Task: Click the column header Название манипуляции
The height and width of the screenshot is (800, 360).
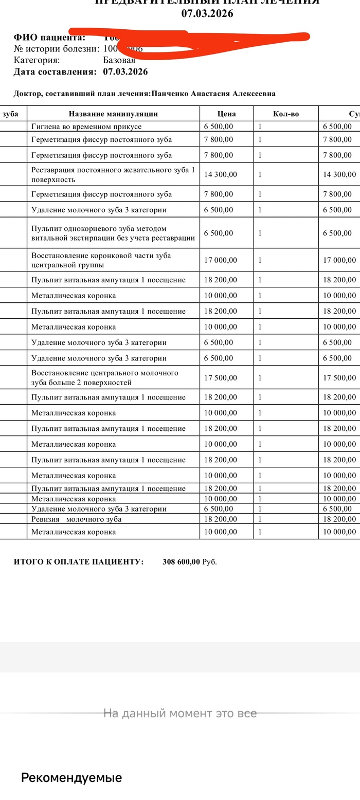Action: [113, 114]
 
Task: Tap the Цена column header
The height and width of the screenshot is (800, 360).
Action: [226, 114]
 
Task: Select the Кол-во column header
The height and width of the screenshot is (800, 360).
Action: [286, 114]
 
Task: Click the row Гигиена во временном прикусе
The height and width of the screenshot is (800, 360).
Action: [86, 126]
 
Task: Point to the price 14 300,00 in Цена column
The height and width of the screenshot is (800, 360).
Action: [221, 175]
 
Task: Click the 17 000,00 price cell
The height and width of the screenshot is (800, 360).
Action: [221, 260]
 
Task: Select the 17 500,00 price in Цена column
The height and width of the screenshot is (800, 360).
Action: [221, 378]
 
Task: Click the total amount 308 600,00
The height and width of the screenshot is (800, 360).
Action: [181, 562]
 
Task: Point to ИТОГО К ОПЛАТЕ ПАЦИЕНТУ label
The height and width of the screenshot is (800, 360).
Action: [79, 562]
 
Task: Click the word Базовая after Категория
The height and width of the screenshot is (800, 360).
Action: [119, 60]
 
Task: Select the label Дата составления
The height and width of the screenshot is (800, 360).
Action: [55, 72]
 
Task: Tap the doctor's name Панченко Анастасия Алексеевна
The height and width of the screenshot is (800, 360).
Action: [213, 94]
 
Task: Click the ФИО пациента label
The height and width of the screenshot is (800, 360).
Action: [49, 38]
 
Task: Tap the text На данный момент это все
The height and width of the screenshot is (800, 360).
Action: [180, 713]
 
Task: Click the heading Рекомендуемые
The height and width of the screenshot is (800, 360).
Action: [71, 777]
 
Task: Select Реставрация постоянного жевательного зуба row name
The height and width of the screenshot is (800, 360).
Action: [113, 175]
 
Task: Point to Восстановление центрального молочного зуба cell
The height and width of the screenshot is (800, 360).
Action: [105, 378]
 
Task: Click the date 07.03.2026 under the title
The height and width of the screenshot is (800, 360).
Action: [207, 14]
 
